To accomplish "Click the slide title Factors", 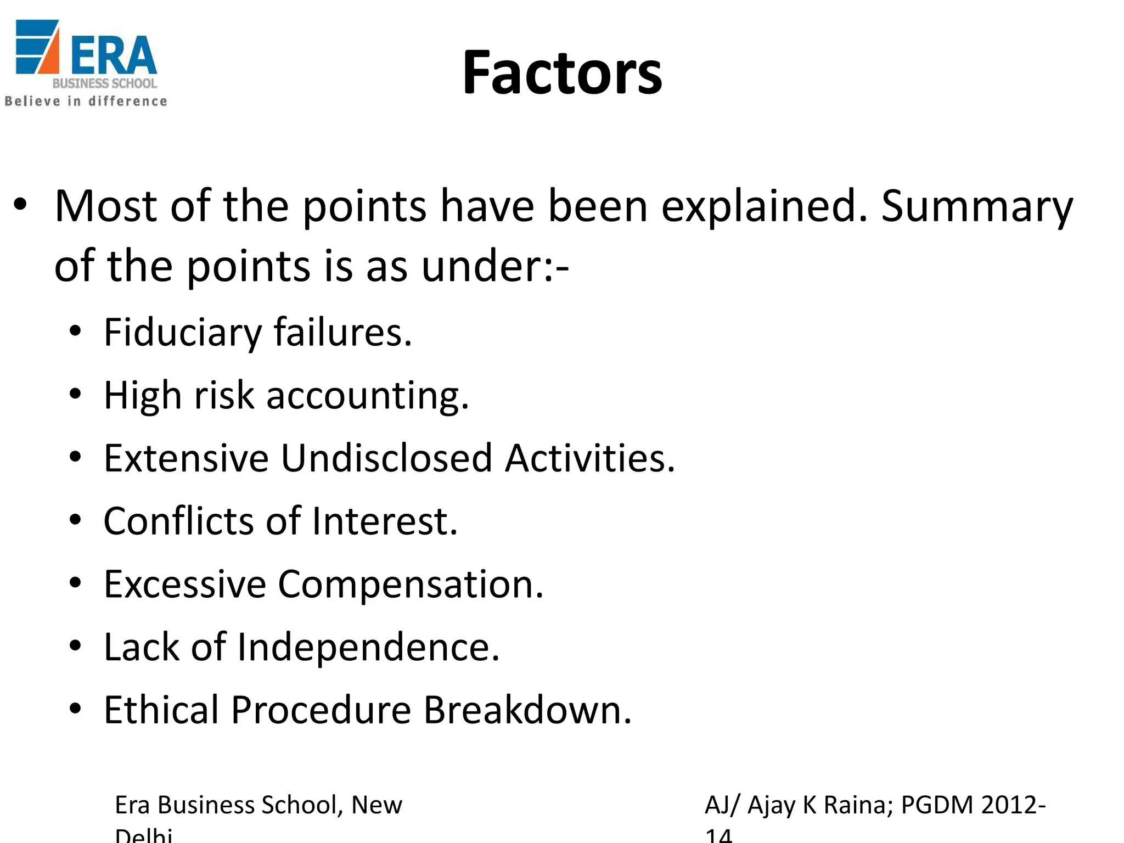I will click(562, 73).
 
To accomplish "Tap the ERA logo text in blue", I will click(114, 55).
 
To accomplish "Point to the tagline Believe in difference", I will click(86, 101).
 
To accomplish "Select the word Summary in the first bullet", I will click(977, 206).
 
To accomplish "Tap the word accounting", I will click(367, 396).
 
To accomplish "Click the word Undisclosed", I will click(386, 458).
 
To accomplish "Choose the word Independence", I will click(368, 647).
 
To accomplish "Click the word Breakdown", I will click(527, 710).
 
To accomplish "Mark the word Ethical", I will click(161, 710).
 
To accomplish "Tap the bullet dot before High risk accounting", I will click(76, 394).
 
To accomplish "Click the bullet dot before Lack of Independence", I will click(76, 645).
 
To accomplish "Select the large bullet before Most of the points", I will click(20, 205).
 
